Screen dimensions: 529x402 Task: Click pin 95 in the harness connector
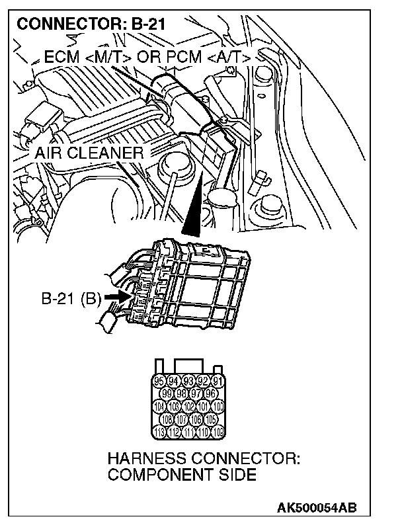(x=159, y=381)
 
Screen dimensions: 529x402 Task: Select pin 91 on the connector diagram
(x=218, y=381)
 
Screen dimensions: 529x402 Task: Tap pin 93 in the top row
(x=188, y=381)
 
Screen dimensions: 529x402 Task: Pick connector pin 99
(x=167, y=393)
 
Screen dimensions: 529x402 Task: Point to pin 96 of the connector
(x=211, y=393)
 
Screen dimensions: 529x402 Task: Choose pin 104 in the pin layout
(x=159, y=407)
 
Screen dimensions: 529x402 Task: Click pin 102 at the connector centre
(x=188, y=407)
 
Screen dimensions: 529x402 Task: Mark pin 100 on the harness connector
(x=218, y=407)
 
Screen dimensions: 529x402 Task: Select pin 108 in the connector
(x=167, y=419)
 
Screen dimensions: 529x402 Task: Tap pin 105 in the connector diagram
(x=211, y=419)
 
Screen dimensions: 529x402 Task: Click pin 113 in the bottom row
(x=159, y=432)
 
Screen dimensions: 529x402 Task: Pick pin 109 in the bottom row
(x=218, y=432)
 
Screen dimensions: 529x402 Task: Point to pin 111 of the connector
(x=188, y=432)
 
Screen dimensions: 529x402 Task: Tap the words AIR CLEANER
(x=90, y=153)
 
